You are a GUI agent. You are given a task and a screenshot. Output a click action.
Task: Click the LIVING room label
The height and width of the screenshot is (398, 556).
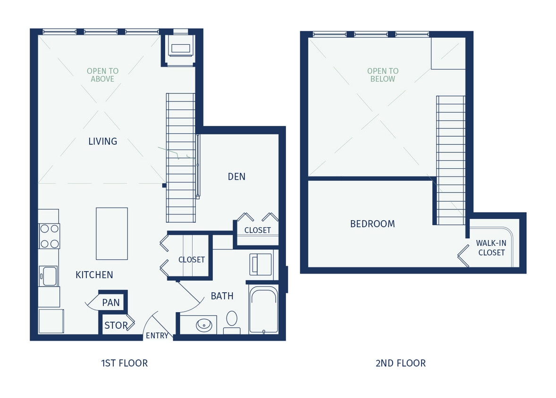coord(102,141)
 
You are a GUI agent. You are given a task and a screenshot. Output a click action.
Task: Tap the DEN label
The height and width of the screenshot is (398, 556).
coord(236,176)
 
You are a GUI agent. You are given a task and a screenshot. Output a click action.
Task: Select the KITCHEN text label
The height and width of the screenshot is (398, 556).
coord(94,275)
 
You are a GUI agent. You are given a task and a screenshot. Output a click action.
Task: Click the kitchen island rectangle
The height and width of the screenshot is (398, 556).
coord(112,233)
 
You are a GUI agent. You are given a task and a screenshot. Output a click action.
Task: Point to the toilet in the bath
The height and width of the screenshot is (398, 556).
coord(232,320)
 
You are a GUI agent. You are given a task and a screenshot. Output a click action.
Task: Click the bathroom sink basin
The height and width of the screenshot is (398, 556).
coord(204,324)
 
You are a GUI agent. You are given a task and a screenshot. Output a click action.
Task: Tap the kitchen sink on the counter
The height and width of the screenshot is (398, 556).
coord(49,276)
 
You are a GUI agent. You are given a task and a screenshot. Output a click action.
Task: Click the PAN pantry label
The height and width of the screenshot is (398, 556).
coord(111,303)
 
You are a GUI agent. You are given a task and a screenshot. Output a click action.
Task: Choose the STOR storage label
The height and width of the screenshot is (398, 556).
coord(116,325)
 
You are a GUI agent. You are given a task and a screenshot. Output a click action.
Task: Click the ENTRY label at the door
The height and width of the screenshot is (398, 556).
coord(157,336)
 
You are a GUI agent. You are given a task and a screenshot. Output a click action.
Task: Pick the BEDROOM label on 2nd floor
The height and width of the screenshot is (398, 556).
coord(372,224)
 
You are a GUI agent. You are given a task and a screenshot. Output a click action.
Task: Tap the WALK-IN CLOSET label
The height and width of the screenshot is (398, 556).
coord(491,248)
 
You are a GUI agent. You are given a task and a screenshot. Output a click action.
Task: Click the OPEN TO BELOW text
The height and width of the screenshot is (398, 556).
coord(383,75)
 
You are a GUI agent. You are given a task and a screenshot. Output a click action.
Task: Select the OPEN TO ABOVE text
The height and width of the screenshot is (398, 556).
coord(102,75)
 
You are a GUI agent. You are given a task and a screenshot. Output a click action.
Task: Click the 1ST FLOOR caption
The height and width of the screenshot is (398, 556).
coord(124,363)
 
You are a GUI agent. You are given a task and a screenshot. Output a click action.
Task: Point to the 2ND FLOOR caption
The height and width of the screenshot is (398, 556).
coord(400,363)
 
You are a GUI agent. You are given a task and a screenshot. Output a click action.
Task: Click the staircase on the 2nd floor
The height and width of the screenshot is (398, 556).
coord(451,160)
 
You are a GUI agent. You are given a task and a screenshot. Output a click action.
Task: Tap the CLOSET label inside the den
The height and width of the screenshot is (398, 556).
coord(257,230)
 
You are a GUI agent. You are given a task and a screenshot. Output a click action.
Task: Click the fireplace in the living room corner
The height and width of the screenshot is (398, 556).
coord(180,48)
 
